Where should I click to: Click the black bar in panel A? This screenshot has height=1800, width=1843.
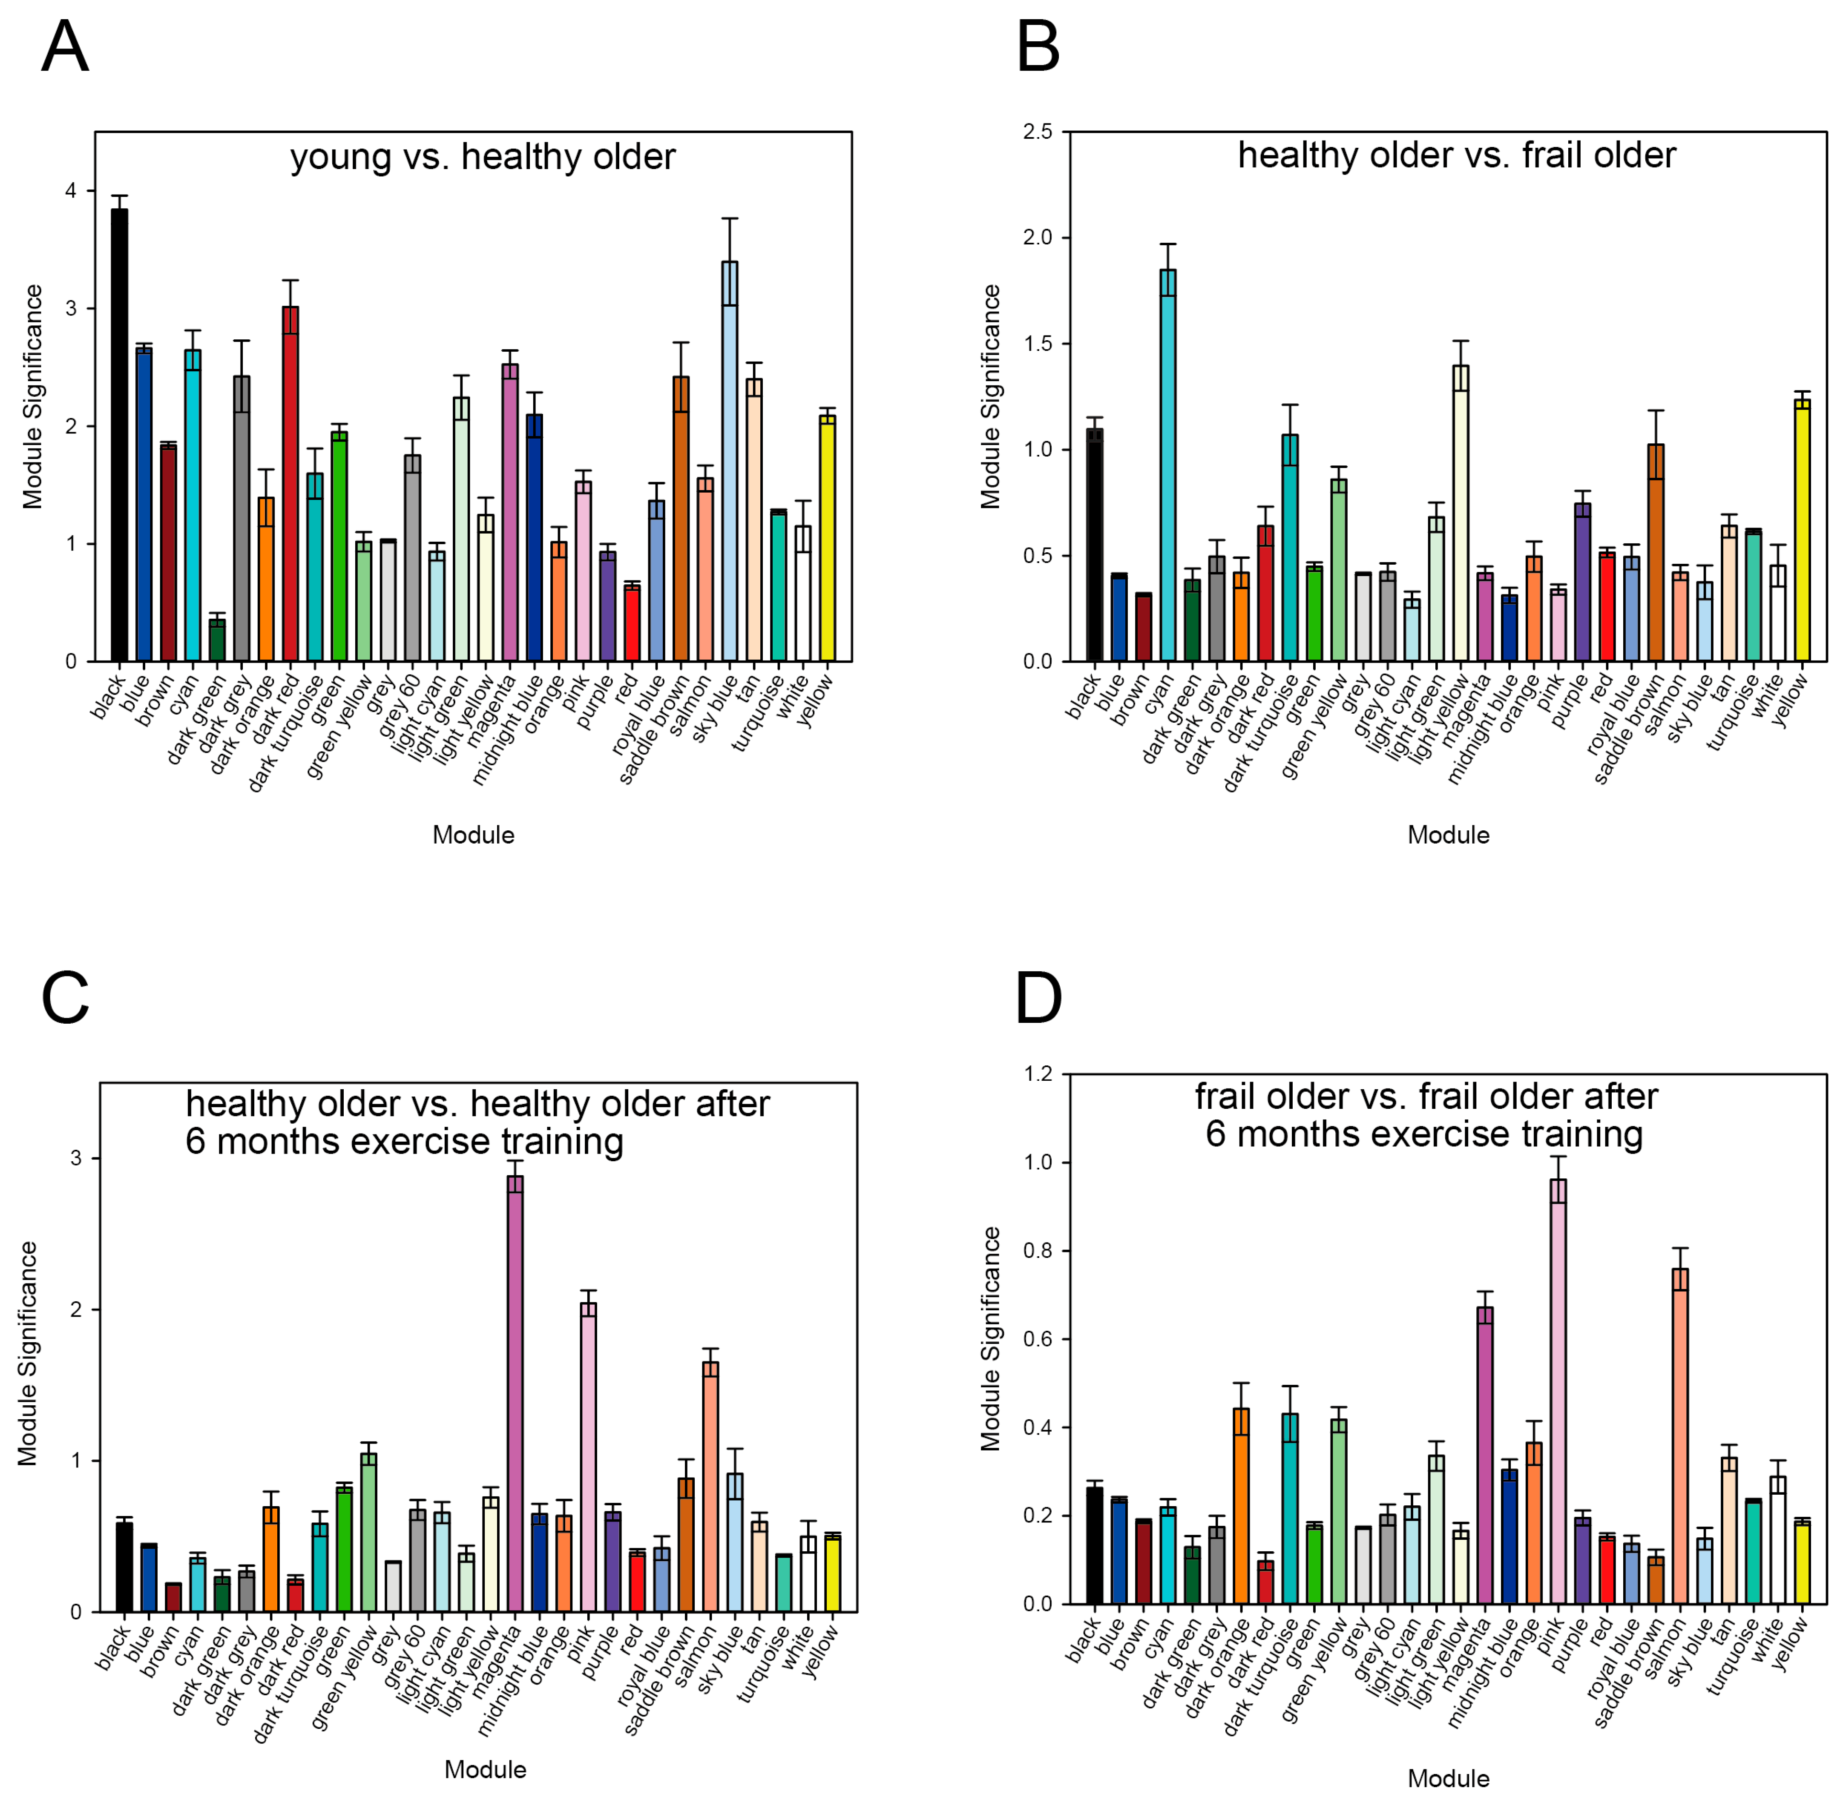(119, 435)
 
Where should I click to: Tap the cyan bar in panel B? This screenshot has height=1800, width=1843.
(1168, 465)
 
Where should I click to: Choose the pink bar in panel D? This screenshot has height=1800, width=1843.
(1558, 1392)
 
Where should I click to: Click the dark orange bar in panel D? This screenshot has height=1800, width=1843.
(1241, 1506)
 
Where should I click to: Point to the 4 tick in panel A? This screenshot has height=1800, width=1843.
(71, 191)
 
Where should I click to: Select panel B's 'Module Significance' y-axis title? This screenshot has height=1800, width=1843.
(990, 397)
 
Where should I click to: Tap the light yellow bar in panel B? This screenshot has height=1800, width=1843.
(1460, 513)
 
